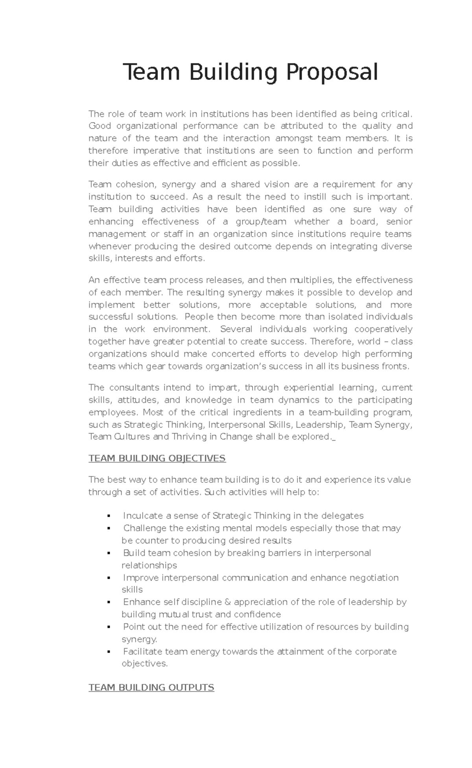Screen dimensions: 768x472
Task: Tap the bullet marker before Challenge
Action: tap(108, 528)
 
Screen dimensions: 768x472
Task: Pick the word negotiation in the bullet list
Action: tap(374, 578)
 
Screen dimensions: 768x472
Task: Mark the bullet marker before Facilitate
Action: tap(108, 652)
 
